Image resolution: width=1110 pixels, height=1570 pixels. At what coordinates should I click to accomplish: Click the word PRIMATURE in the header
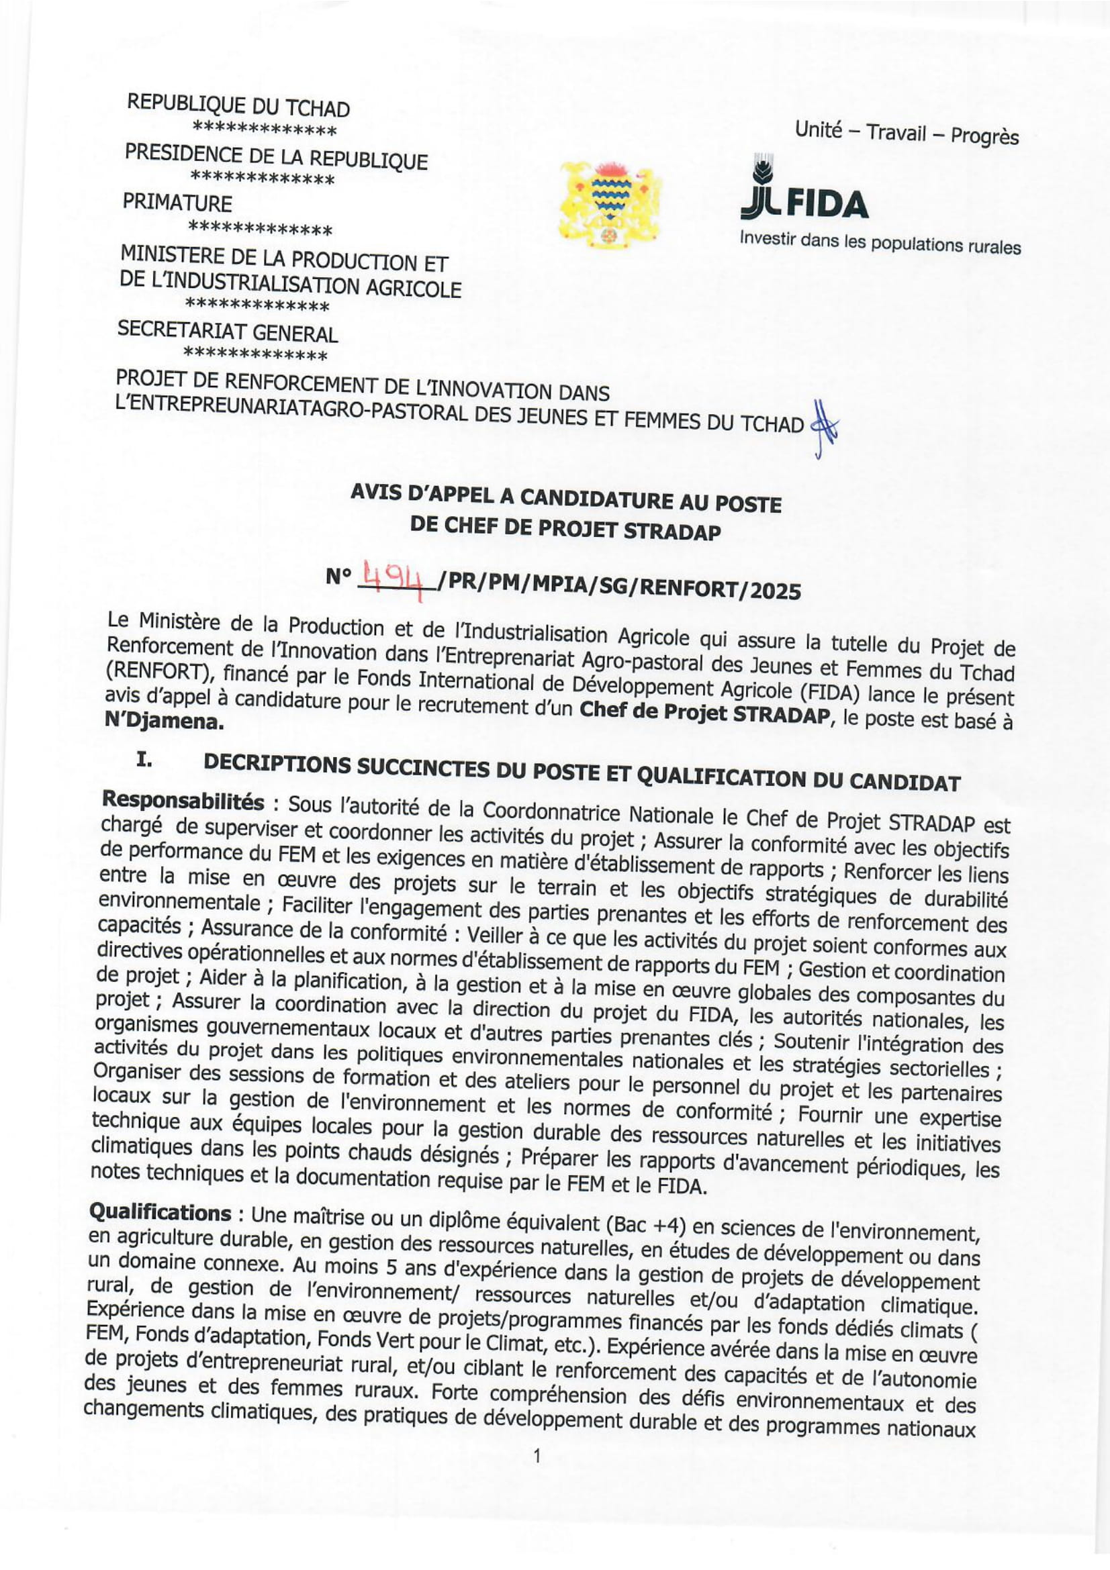click(177, 203)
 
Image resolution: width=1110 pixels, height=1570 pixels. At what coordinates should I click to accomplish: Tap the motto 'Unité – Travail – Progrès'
click(906, 132)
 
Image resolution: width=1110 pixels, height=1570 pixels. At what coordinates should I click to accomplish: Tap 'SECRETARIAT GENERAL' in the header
click(228, 331)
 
